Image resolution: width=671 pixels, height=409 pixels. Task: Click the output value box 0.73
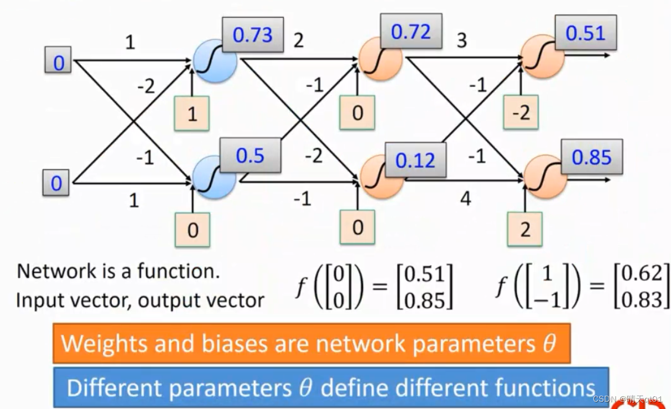(x=253, y=35)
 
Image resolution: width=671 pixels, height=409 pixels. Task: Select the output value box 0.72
(x=411, y=32)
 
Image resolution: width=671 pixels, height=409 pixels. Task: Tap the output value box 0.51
(x=585, y=33)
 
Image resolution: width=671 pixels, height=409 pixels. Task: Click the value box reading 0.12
(x=415, y=160)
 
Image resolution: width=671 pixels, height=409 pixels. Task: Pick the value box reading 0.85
(x=591, y=157)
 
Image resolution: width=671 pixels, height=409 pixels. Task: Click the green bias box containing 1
(x=192, y=114)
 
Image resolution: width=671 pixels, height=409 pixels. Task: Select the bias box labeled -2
(x=521, y=112)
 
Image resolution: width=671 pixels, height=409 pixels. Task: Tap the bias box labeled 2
(x=524, y=229)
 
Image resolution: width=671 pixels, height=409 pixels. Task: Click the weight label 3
(x=461, y=40)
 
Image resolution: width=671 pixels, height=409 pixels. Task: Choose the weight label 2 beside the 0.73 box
(x=298, y=40)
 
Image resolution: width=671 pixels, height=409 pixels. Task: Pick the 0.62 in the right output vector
(x=642, y=273)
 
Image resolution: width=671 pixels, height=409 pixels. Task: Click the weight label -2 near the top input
(x=145, y=86)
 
